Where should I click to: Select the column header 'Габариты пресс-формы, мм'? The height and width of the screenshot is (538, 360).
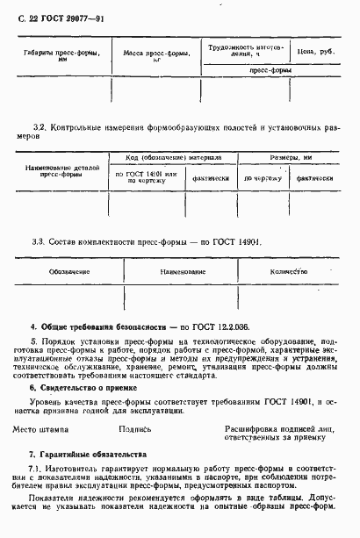(61, 57)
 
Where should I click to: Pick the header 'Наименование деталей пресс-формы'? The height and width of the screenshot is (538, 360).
(60, 170)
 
